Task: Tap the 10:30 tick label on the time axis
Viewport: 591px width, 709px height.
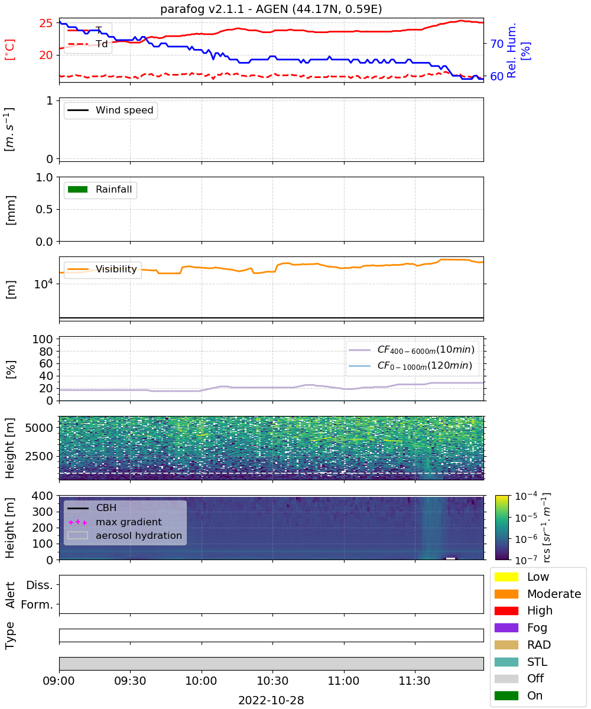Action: [272, 681]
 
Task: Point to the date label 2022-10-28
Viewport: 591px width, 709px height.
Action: [271, 700]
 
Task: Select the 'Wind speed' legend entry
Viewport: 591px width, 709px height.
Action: [111, 110]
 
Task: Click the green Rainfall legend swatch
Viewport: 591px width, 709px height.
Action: [78, 189]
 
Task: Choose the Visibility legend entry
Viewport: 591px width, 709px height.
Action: [102, 269]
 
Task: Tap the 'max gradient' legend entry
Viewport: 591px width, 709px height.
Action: [115, 522]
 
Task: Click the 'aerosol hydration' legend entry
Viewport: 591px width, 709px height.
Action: [125, 535]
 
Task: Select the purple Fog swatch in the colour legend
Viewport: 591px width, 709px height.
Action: [506, 627]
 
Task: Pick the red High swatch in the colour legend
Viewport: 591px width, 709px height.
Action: [506, 610]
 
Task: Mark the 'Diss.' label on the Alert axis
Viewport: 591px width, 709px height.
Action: [40, 585]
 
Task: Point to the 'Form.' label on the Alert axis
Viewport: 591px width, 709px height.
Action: [37, 604]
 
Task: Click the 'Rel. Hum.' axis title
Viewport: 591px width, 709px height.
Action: [512, 50]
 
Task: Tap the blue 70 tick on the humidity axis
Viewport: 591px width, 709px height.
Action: [496, 44]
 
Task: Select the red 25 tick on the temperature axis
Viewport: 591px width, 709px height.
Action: [46, 23]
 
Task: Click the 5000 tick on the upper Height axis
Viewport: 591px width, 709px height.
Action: [39, 428]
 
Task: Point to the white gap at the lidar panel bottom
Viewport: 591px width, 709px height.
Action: [450, 558]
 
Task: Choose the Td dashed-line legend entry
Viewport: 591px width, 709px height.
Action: [87, 44]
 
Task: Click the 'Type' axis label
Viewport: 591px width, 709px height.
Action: [9, 635]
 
